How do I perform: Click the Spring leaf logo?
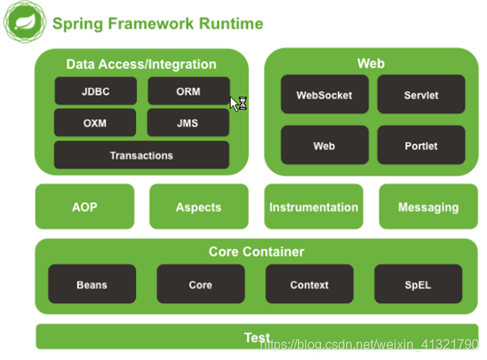(x=23, y=23)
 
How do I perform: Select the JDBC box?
(x=96, y=91)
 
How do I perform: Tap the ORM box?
(x=188, y=91)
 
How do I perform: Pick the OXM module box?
(x=96, y=123)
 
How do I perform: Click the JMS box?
(x=188, y=123)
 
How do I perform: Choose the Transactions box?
(x=142, y=155)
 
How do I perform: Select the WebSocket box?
(x=324, y=95)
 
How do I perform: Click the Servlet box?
(x=421, y=95)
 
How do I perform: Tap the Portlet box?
(x=421, y=146)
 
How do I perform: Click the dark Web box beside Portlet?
(x=324, y=146)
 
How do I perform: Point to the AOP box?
(x=85, y=207)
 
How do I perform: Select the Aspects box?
(x=198, y=207)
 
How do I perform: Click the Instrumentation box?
(x=313, y=207)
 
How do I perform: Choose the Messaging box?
(x=428, y=207)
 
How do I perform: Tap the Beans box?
(x=92, y=284)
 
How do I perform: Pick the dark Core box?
(x=200, y=284)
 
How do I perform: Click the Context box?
(x=309, y=284)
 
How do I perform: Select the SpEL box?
(x=418, y=284)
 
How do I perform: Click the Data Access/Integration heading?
(x=141, y=64)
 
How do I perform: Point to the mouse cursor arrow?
(x=234, y=101)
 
